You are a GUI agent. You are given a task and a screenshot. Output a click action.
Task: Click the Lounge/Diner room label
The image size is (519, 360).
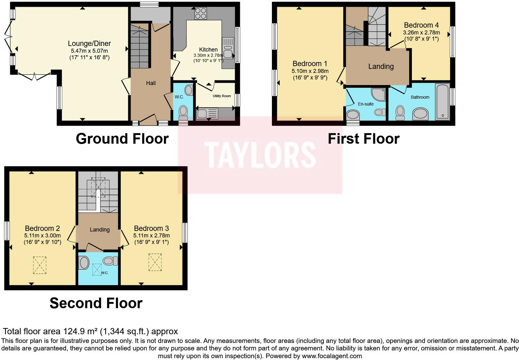(89, 44)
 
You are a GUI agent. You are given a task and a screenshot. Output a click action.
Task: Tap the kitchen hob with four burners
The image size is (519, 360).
(201, 13)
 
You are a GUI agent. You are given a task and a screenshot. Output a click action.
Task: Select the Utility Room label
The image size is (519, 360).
(222, 96)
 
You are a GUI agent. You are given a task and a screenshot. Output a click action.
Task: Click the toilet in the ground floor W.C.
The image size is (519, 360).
(183, 111)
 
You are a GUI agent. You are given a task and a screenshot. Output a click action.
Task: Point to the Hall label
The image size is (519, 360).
(151, 83)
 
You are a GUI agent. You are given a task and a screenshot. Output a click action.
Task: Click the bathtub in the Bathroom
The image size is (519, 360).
(442, 101)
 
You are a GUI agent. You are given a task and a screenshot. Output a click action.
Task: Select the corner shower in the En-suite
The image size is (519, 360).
(379, 94)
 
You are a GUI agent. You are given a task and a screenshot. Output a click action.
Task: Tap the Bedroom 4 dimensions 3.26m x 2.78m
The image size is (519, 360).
(421, 33)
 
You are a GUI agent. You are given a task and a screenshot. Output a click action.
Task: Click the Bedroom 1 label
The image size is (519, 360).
(310, 64)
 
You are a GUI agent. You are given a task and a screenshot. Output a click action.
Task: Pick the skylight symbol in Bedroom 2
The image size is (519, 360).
(39, 265)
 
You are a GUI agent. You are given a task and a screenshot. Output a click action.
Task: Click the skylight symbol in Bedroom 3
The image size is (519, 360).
(155, 262)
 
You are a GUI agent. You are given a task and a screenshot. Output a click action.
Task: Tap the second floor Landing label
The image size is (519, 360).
(100, 230)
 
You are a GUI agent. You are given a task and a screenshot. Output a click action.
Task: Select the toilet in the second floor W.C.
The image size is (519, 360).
(110, 261)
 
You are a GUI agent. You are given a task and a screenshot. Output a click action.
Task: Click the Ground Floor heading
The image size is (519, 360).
(122, 139)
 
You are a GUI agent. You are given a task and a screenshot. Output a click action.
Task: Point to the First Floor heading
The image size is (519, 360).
(363, 139)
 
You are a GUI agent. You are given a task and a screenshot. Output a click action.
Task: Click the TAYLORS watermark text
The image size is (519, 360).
(260, 155)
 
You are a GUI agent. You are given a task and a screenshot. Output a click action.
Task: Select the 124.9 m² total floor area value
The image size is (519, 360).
(81, 331)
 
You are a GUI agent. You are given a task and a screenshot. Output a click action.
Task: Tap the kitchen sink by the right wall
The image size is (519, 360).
(228, 49)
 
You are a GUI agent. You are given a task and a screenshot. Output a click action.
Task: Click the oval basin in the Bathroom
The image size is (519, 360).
(420, 114)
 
